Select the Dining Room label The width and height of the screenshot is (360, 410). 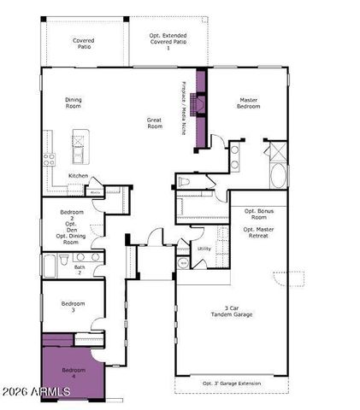[74, 103]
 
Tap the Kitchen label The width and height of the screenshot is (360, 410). [79, 177]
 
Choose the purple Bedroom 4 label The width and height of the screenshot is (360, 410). [74, 372]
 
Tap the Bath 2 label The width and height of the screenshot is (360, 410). [80, 270]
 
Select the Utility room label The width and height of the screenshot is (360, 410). [204, 249]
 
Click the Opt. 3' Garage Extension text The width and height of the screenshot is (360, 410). [231, 384]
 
